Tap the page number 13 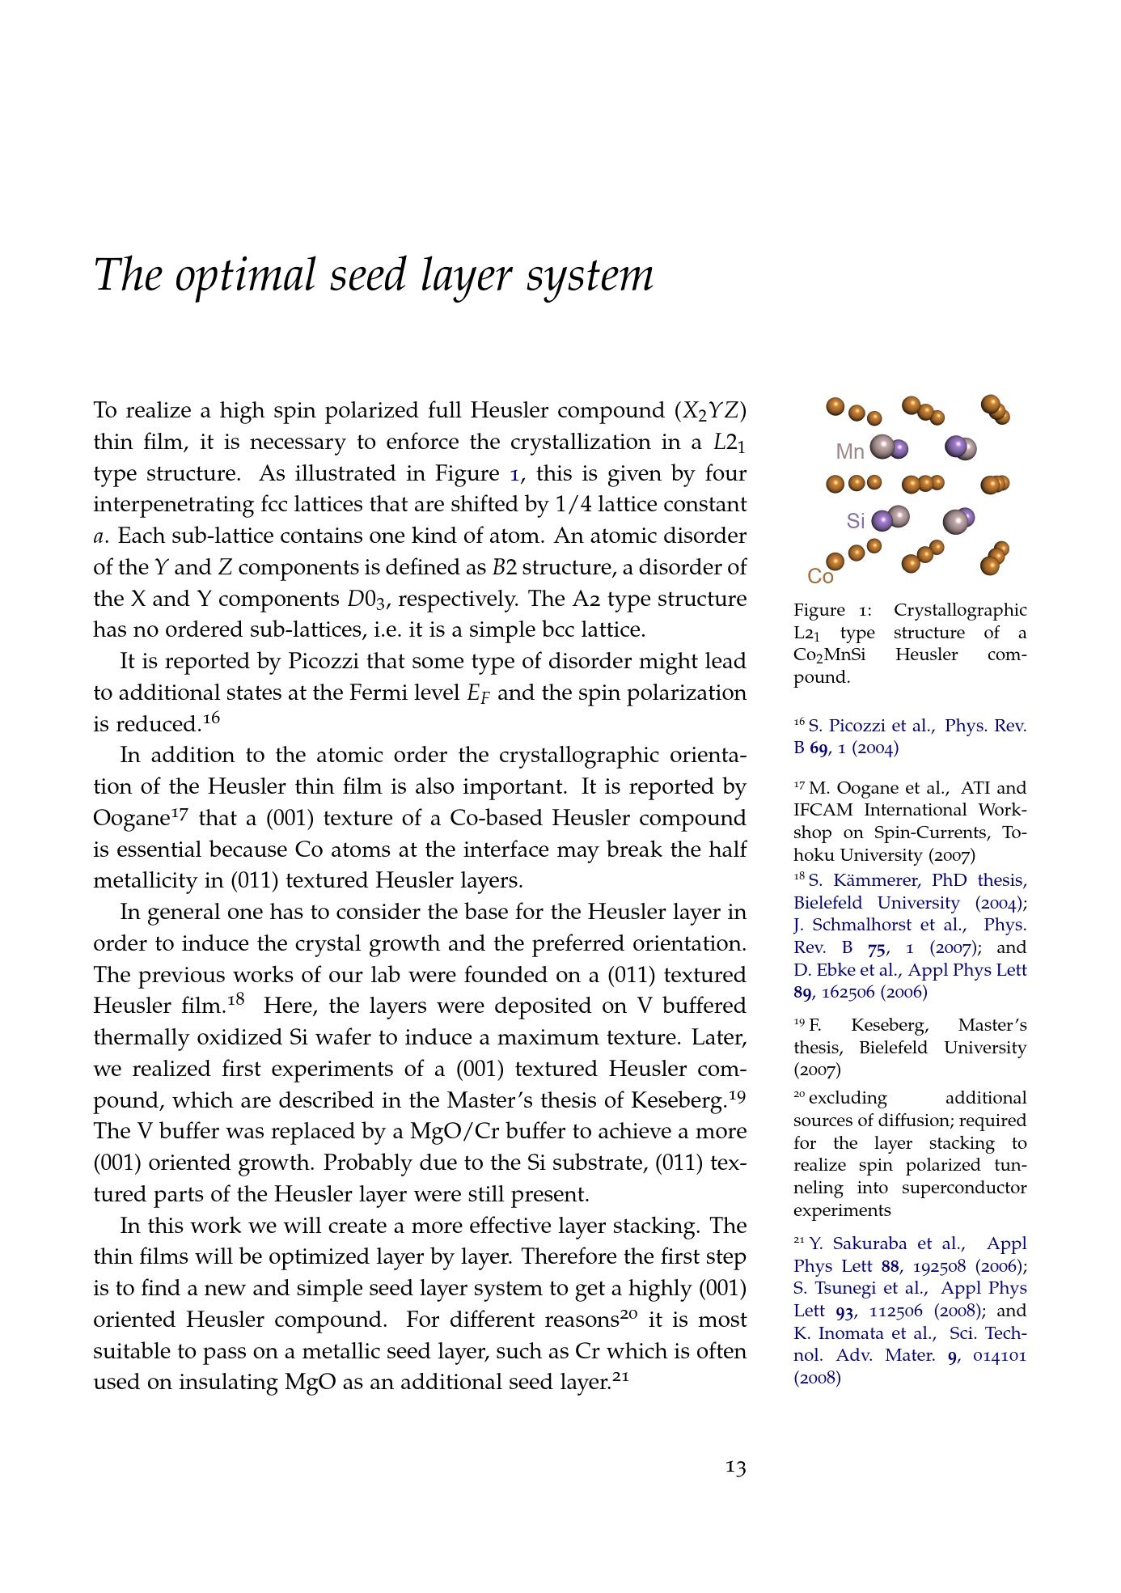[735, 1467]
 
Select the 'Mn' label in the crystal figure [850, 451]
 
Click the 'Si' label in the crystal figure [856, 521]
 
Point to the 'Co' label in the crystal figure [820, 576]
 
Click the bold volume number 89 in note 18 [802, 992]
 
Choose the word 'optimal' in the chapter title [246, 275]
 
